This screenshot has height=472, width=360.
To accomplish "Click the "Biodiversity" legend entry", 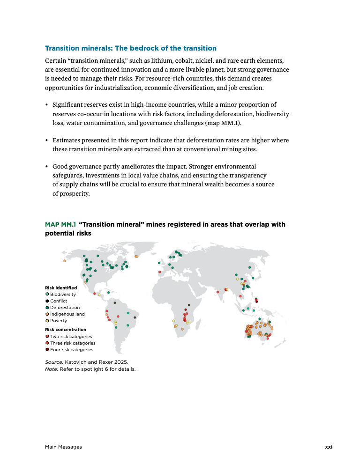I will pos(63,295).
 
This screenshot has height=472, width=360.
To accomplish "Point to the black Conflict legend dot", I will pos(47,301).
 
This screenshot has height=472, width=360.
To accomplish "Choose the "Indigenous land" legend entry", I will pos(67,314).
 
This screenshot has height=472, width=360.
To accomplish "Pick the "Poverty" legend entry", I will pos(59,321).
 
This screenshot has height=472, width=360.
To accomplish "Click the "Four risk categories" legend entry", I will pos(71,350).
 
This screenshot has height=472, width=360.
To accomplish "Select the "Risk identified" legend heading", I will pos(61,288).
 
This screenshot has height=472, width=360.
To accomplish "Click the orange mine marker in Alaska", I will pos(64,261).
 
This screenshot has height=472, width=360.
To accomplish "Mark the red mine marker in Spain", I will pos(160,272).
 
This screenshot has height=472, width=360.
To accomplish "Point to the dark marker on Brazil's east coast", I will pos(135,317).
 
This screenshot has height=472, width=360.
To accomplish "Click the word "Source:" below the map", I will pos(54,362).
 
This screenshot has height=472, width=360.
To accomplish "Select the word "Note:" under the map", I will pos(52,369).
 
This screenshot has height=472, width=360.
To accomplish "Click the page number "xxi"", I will pos(329,447).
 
